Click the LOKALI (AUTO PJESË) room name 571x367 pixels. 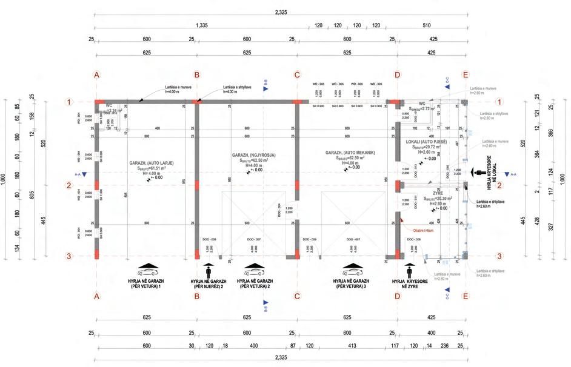coord(426,141)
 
